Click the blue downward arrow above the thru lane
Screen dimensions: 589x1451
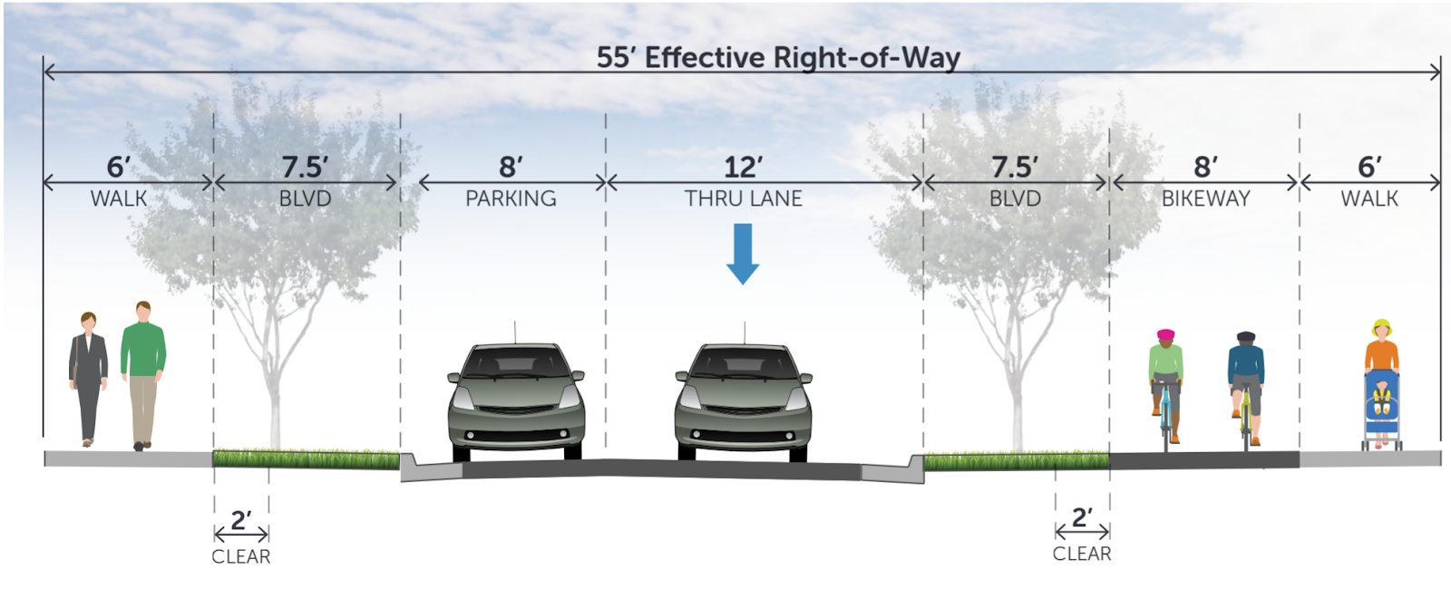click(x=743, y=253)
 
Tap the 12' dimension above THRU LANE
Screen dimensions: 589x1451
click(x=743, y=167)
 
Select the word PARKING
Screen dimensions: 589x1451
click(x=511, y=198)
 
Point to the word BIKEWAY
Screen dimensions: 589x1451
click(x=1205, y=198)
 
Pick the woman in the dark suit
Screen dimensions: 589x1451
click(x=88, y=377)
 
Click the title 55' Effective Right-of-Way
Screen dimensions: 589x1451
click(x=778, y=58)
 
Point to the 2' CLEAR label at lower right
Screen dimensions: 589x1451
click(x=1082, y=535)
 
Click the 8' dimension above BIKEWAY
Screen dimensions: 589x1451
click(x=1205, y=167)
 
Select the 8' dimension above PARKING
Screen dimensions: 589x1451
click(x=511, y=167)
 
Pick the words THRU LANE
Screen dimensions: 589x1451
click(x=743, y=198)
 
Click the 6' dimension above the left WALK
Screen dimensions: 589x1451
click(x=119, y=167)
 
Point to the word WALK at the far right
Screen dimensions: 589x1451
click(x=1369, y=198)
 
